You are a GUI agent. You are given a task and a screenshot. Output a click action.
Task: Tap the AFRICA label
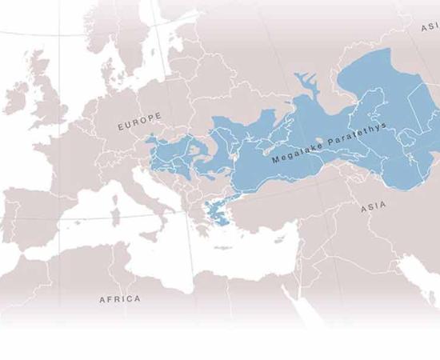[x=119, y=299]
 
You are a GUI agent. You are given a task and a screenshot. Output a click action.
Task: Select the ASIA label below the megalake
[x=373, y=206]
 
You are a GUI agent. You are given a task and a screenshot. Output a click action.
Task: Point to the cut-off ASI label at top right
[x=429, y=28]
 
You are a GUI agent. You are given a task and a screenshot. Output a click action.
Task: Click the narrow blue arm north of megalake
[x=305, y=82]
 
